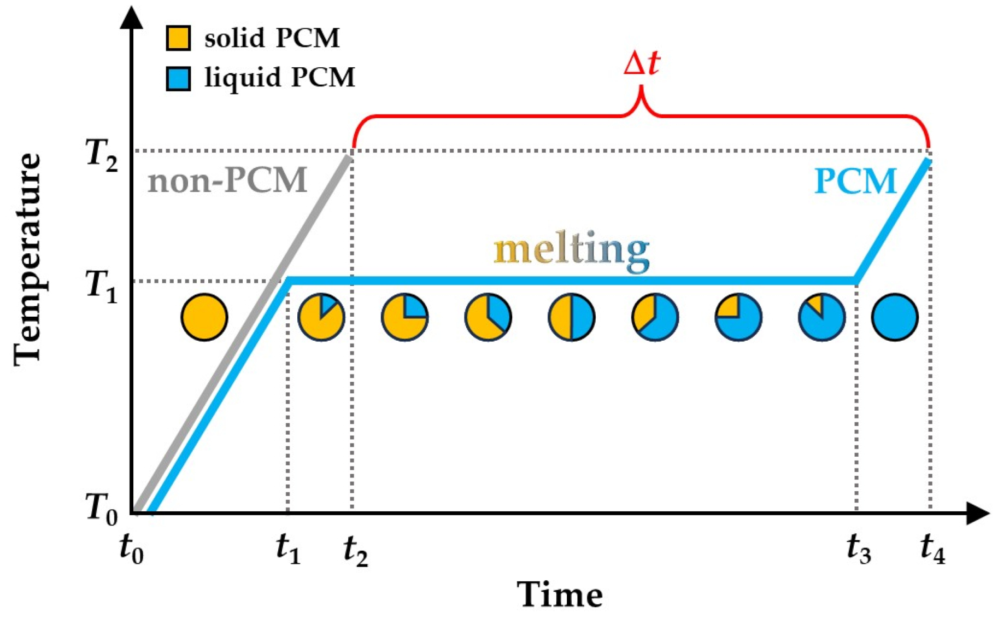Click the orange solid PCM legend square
(178, 38)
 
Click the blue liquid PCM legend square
(178, 78)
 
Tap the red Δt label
(642, 64)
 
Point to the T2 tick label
(102, 155)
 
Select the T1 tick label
(102, 286)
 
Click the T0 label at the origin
(102, 509)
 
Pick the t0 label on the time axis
(132, 549)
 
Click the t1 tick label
(288, 549)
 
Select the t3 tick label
(859, 549)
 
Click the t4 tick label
(932, 549)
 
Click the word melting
(571, 250)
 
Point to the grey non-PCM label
(227, 180)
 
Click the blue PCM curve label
(855, 181)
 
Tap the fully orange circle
(204, 317)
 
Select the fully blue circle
(895, 317)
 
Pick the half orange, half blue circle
(572, 317)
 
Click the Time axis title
(560, 594)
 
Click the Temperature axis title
(27, 260)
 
